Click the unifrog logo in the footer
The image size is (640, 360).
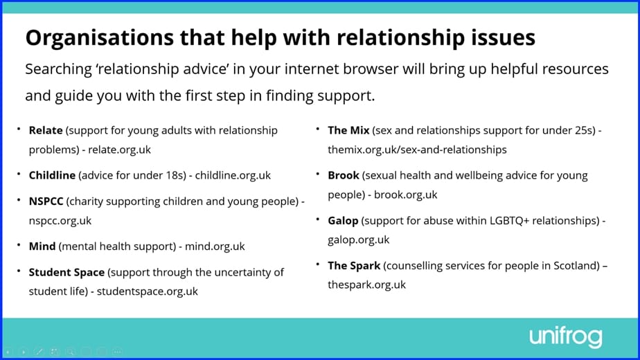pyautogui.click(x=566, y=336)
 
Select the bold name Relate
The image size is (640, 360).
pyautogui.click(x=45, y=130)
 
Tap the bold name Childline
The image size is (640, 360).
pyautogui.click(x=52, y=175)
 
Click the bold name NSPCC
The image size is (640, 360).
pyautogui.click(x=46, y=201)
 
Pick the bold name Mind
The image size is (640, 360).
pyautogui.click(x=42, y=246)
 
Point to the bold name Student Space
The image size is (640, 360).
pyautogui.click(x=66, y=272)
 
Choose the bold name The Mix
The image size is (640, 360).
pyautogui.click(x=348, y=130)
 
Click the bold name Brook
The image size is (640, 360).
pyautogui.click(x=344, y=175)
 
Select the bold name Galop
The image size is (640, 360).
pyautogui.click(x=343, y=221)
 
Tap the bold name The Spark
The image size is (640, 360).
pyautogui.click(x=354, y=265)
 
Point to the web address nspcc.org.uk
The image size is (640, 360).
pyautogui.click(x=60, y=221)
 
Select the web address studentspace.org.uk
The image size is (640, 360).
pyautogui.click(x=147, y=291)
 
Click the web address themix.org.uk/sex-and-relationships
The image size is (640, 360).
pyautogui.click(x=417, y=150)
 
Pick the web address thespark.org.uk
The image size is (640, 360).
pyautogui.click(x=366, y=285)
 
